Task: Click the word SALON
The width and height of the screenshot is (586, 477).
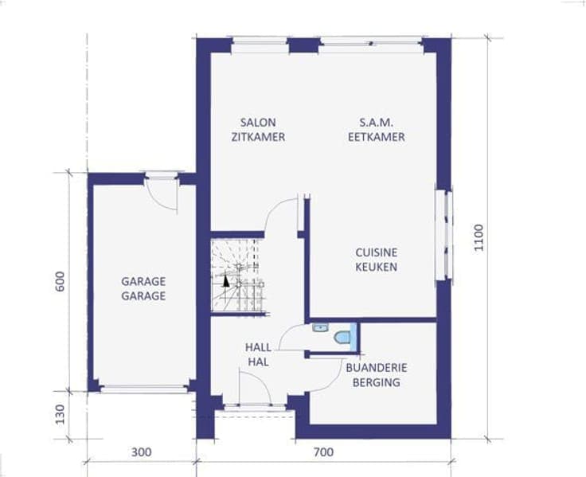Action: (258, 123)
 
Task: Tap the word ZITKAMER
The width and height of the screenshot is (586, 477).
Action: (258, 137)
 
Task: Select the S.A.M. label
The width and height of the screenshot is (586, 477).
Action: (376, 123)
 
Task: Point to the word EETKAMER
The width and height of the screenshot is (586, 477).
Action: (377, 137)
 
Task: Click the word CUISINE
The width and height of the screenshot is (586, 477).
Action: (376, 252)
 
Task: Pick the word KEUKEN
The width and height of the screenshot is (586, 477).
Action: (376, 267)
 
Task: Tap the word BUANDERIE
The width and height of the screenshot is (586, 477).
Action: (377, 367)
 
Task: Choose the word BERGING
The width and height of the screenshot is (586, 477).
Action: (377, 382)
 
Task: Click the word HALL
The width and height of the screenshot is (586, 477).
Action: (258, 347)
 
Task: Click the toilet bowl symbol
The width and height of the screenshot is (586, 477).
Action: (342, 337)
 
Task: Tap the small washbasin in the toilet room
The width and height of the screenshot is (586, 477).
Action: (320, 328)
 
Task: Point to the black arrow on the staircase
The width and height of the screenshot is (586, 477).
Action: (226, 281)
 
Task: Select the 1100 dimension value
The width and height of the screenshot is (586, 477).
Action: (479, 238)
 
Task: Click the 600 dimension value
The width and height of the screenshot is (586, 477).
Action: (60, 281)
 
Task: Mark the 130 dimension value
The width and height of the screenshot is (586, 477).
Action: (60, 414)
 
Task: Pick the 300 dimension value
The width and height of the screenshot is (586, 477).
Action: (142, 452)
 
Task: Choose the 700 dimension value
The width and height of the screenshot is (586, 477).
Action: (323, 452)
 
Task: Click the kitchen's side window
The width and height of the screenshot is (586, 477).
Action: (444, 235)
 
